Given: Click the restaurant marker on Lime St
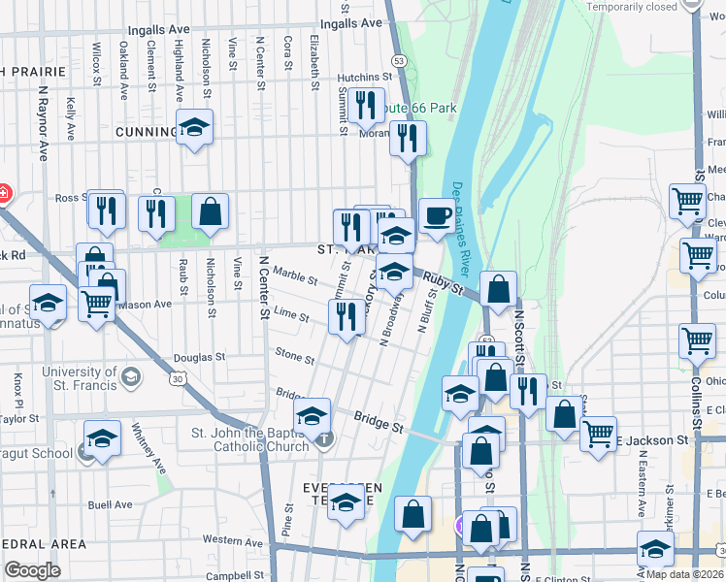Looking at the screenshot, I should point(346,315).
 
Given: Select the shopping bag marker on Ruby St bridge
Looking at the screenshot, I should point(498,289).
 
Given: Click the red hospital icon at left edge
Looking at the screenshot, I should point(3,193).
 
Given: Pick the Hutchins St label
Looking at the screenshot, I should point(363,78).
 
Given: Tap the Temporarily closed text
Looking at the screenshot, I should point(631,7).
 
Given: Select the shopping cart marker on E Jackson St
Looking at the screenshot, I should point(598,433).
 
